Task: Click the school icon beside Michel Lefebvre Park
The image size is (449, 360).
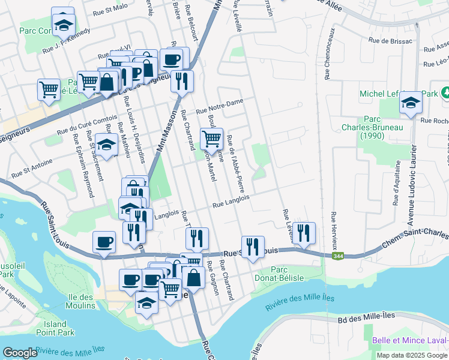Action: [411, 103]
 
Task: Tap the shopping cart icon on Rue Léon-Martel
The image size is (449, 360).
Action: [211, 139]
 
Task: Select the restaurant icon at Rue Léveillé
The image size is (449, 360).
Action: [304, 233]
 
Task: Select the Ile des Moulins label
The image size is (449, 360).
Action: [78, 301]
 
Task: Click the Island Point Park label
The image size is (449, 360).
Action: [55, 328]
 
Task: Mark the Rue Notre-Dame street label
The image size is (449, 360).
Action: [220, 106]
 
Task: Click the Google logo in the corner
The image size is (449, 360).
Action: [20, 353]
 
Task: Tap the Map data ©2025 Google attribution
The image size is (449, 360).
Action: [411, 355]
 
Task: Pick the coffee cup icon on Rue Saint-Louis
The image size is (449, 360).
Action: [104, 242]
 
